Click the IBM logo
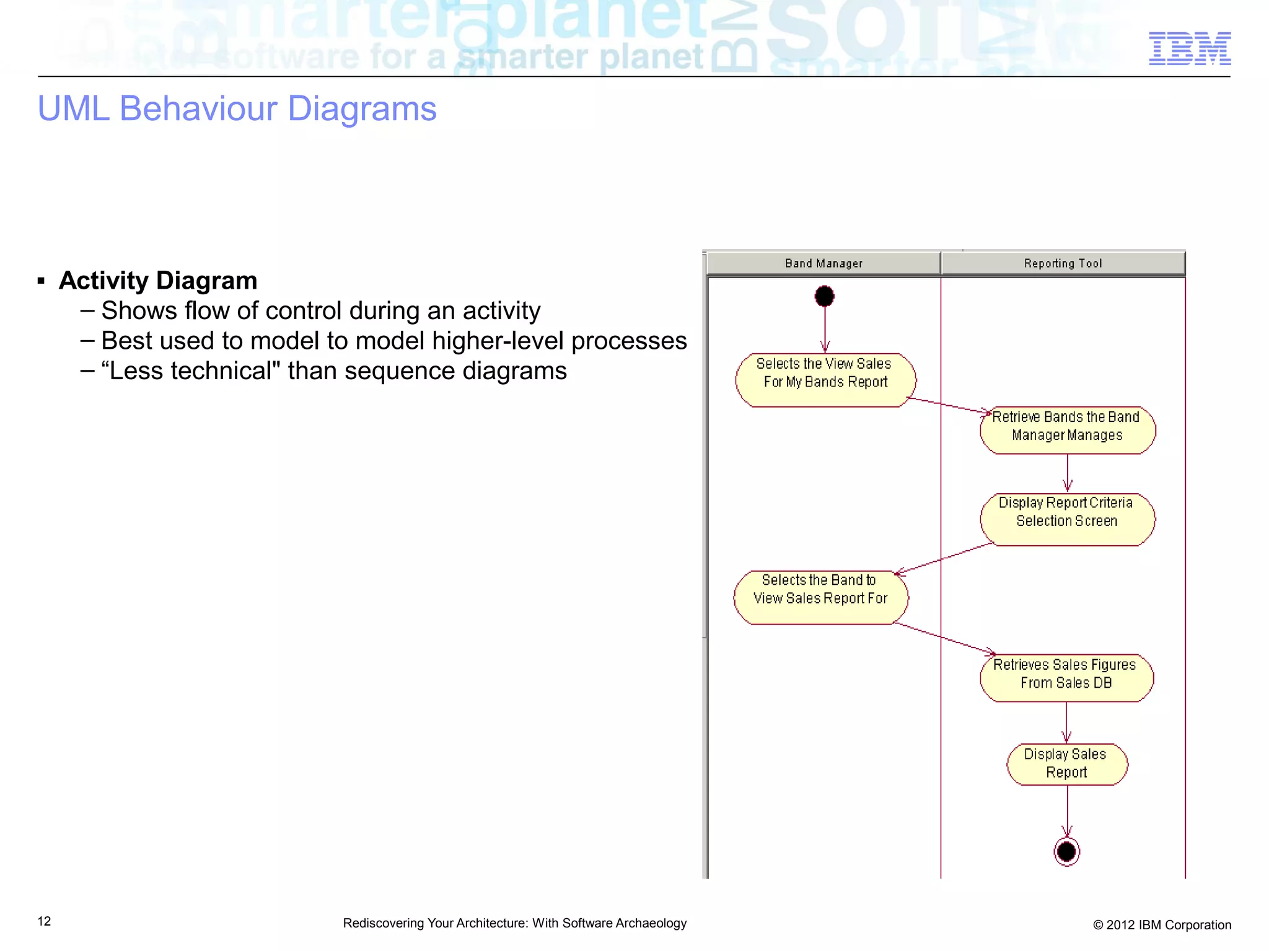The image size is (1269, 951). click(x=1189, y=48)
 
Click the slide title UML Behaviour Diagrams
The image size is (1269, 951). click(x=237, y=109)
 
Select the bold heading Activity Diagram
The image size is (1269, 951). click(x=158, y=281)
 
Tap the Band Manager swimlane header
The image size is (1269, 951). click(x=823, y=263)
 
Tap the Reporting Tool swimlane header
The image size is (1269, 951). click(x=1063, y=263)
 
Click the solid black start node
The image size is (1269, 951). click(x=824, y=296)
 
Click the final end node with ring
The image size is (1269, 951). click(x=1066, y=852)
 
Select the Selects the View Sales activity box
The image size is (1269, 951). click(x=825, y=380)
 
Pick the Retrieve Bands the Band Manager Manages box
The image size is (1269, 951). click(x=1067, y=430)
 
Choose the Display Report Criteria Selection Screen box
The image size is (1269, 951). click(x=1067, y=519)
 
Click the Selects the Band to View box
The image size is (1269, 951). click(x=821, y=597)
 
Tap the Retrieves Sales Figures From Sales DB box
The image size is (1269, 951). click(x=1066, y=678)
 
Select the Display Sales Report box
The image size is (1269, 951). click(x=1066, y=765)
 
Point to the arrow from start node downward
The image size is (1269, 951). click(x=825, y=328)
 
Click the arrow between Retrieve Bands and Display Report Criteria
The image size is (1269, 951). click(x=1067, y=473)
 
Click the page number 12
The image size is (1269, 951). click(x=44, y=921)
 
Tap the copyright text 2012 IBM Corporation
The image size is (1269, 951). click(x=1162, y=925)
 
